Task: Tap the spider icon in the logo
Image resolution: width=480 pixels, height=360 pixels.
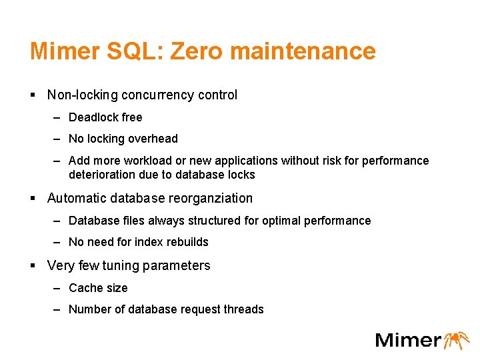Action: (457, 339)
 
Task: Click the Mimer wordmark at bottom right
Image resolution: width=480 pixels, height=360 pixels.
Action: (408, 339)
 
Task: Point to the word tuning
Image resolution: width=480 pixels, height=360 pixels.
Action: (120, 266)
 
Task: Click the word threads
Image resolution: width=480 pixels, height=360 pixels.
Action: (243, 309)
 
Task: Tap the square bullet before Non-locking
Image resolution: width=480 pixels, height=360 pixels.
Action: (33, 95)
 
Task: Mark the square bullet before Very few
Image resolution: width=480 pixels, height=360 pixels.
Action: (33, 266)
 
